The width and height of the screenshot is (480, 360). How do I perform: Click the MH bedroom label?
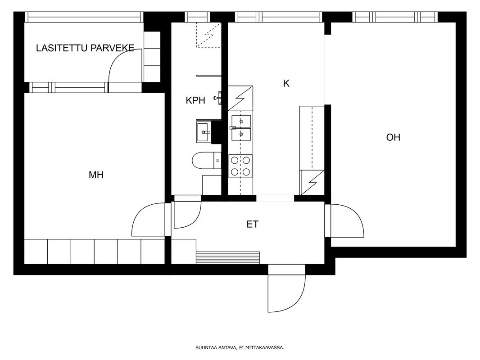coord(96,175)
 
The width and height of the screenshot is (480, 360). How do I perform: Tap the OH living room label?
coord(393,137)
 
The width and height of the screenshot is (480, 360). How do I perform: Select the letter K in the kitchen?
coord(286,83)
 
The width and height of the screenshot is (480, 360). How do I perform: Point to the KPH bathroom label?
coord(195,100)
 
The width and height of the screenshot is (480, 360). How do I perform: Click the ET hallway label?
coord(253,224)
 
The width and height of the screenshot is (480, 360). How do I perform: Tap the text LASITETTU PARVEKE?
coord(85,48)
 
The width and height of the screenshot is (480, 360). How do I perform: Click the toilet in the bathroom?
coord(207,160)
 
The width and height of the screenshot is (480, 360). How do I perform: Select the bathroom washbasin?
coord(204,132)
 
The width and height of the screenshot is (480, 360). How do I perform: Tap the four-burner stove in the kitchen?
coord(240,166)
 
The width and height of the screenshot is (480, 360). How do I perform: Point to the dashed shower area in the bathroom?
coord(208,35)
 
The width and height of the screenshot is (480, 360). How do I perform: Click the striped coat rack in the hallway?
coord(228,257)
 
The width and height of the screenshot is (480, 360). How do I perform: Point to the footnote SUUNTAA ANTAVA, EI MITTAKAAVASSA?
coord(240,347)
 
